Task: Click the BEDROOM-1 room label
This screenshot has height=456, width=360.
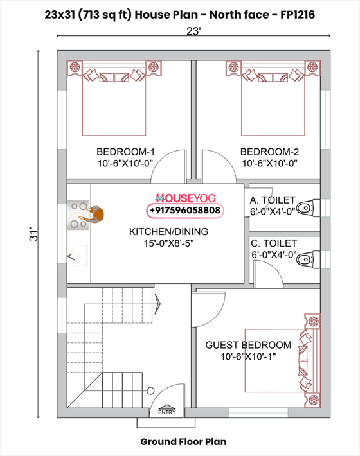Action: (125, 152)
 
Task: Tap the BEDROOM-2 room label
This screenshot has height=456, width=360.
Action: (269, 152)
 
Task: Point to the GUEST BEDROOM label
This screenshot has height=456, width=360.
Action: (248, 345)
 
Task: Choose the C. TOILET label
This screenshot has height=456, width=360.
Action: (273, 243)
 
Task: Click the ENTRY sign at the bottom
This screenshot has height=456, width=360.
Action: (166, 413)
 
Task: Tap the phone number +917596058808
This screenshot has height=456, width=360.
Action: (184, 210)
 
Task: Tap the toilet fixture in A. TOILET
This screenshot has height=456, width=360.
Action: (309, 207)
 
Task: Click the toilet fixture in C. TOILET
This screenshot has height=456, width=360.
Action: (309, 258)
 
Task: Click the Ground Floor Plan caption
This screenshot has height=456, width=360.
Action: (183, 442)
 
